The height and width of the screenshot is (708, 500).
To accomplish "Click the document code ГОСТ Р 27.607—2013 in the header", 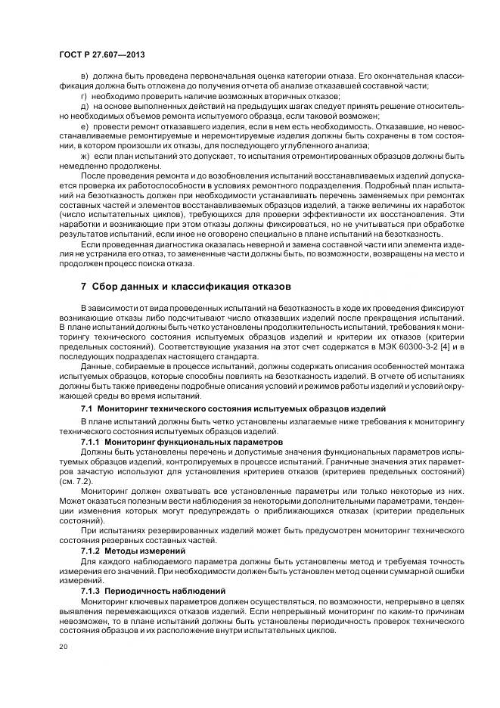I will (101, 55).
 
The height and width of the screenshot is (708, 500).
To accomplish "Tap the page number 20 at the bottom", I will (63, 647).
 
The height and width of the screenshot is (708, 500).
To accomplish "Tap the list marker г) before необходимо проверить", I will (84, 97).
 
